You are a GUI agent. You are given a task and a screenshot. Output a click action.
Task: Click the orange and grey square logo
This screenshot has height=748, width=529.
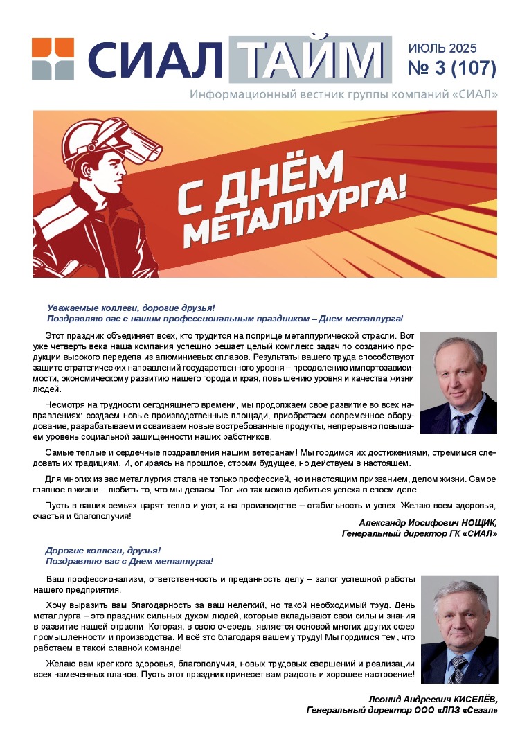pyautogui.click(x=53, y=59)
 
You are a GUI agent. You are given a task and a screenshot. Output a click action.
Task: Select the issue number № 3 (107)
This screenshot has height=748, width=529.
pyautogui.click(x=453, y=69)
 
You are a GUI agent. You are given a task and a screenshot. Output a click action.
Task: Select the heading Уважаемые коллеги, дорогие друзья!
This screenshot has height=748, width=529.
pyautogui.click(x=131, y=308)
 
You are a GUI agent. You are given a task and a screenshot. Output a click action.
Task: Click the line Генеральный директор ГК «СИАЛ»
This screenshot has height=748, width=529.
pyautogui.click(x=420, y=534)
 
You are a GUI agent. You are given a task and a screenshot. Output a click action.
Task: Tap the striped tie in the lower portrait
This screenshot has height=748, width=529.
pyautogui.click(x=458, y=668)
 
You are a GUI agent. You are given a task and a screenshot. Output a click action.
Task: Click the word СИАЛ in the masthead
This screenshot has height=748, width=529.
pyautogui.click(x=154, y=61)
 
